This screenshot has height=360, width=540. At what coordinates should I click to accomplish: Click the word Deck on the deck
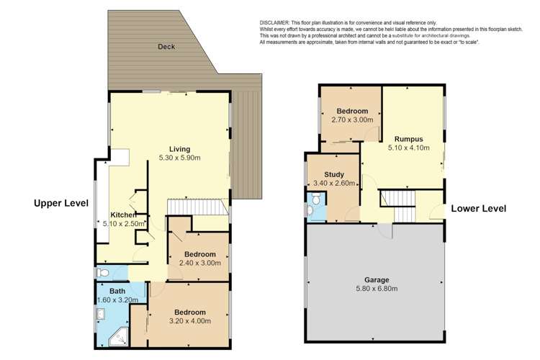(167, 47)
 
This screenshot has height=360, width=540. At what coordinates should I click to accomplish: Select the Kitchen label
(124, 215)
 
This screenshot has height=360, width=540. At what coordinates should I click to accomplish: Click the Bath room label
(118, 292)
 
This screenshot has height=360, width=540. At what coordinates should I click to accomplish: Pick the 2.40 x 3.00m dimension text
(199, 264)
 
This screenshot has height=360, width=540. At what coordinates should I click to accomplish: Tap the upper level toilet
(103, 273)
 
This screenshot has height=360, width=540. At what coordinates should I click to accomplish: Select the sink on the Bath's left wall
(102, 314)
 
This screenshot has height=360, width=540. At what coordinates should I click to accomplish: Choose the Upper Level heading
(61, 204)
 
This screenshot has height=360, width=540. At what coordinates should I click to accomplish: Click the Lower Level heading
(478, 209)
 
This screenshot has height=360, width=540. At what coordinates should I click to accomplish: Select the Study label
(334, 174)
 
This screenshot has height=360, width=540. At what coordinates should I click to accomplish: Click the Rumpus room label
(408, 139)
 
